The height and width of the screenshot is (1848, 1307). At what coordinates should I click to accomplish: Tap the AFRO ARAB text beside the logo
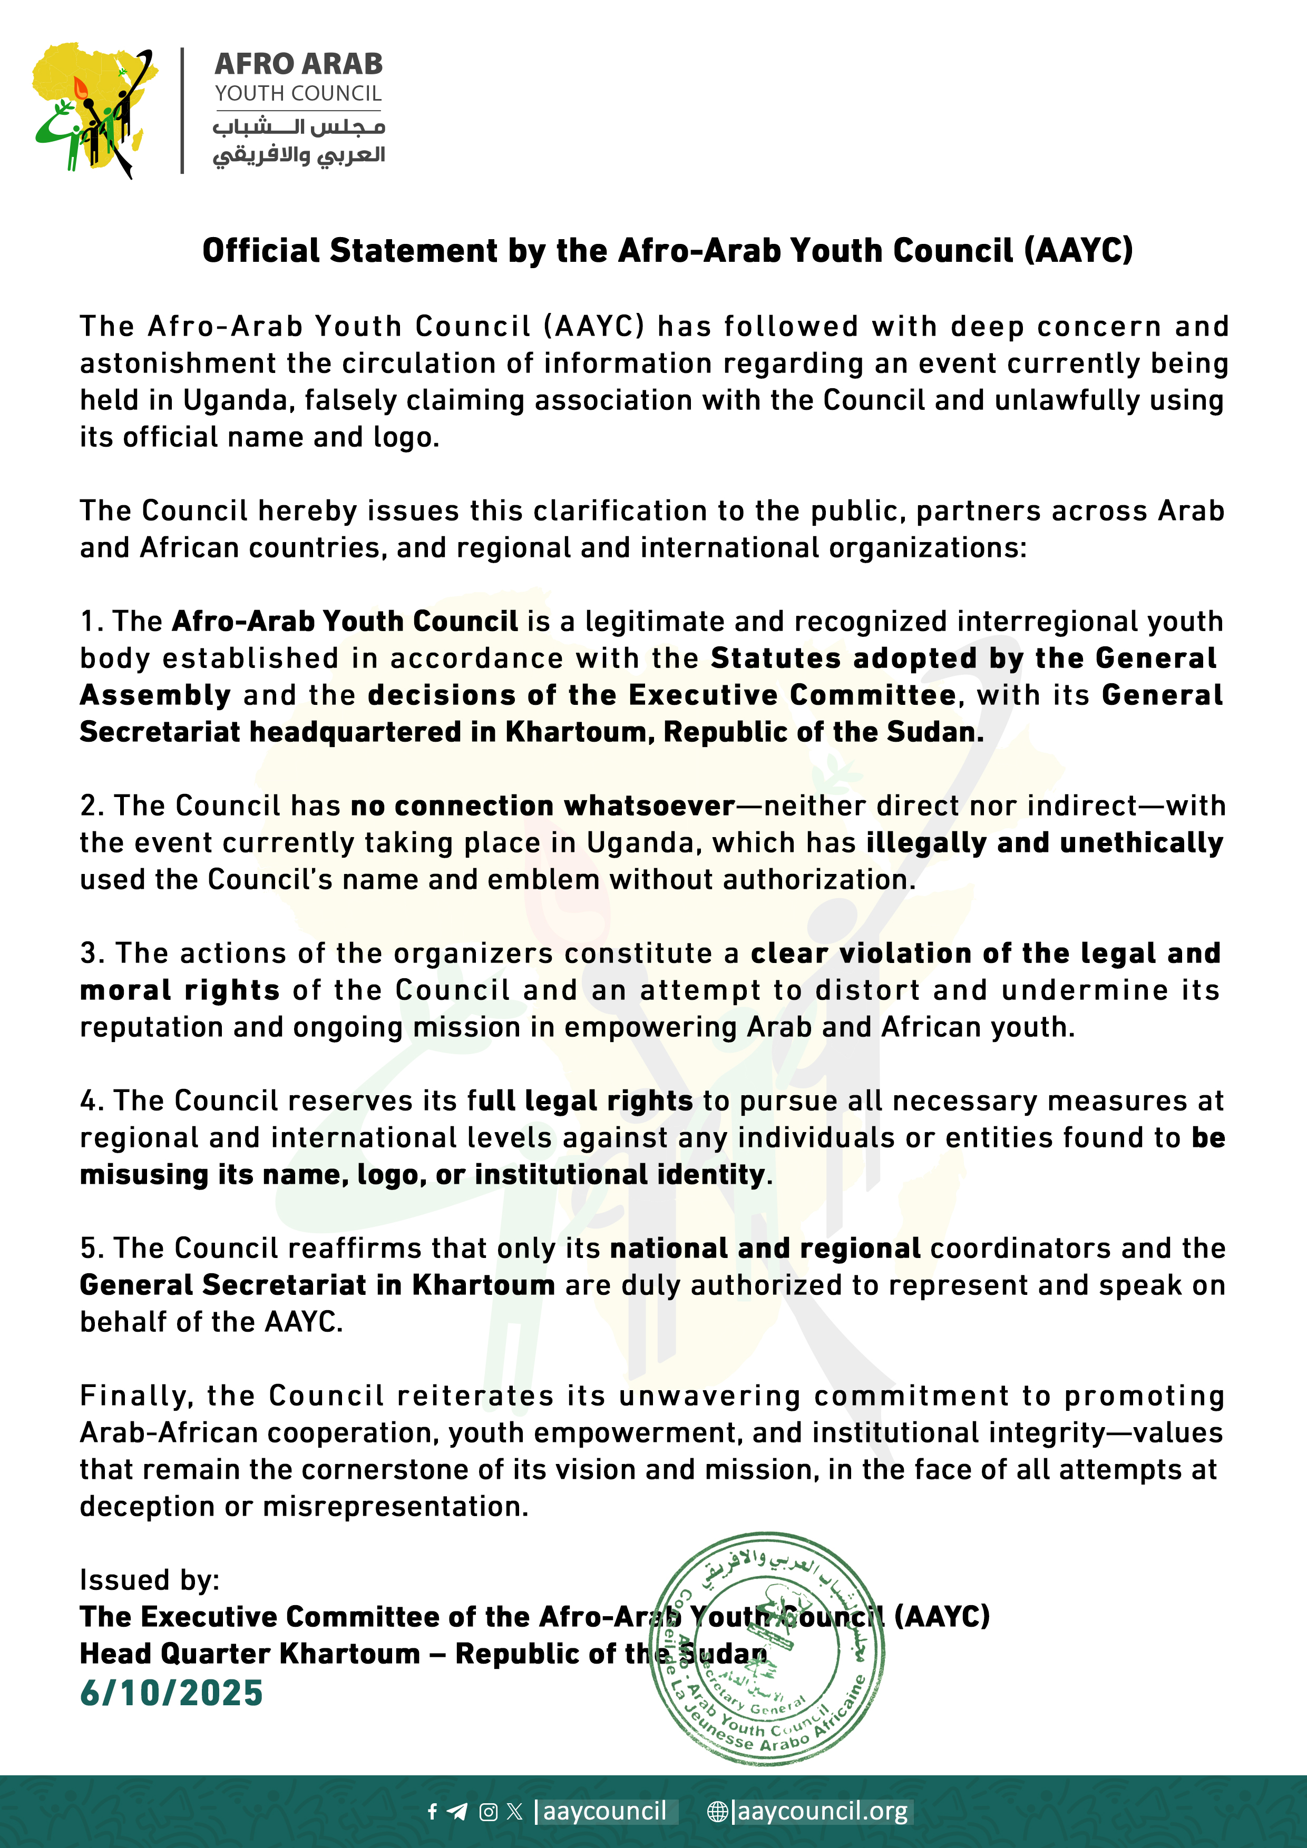click(x=298, y=64)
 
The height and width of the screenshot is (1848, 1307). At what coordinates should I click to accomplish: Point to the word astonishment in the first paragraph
click(x=177, y=364)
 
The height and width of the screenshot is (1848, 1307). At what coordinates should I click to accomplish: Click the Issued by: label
click(x=149, y=1580)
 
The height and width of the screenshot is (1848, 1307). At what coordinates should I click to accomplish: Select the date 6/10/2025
click(x=171, y=1693)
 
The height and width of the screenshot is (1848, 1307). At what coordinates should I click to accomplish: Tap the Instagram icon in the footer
click(x=488, y=1812)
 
